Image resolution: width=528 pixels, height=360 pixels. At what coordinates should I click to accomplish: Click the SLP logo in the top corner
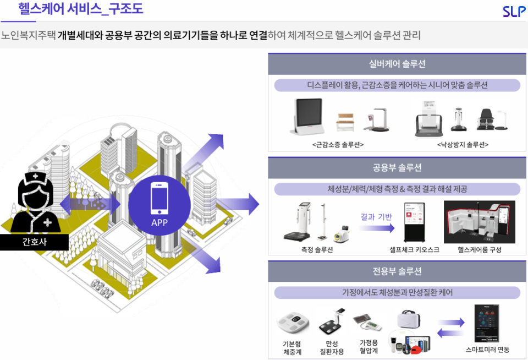[514, 11]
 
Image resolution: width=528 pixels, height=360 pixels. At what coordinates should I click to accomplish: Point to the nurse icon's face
[34, 195]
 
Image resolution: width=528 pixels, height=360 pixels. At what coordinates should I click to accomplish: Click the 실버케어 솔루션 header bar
[397, 64]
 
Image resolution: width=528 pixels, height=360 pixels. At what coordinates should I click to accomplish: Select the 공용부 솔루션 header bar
[397, 168]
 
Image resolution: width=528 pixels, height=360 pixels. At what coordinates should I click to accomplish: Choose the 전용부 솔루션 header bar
[397, 271]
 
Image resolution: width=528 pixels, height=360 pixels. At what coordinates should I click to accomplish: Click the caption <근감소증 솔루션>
[338, 145]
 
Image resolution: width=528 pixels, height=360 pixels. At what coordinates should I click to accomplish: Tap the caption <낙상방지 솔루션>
[463, 145]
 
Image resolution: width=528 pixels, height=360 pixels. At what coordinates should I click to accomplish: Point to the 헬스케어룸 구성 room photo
[480, 222]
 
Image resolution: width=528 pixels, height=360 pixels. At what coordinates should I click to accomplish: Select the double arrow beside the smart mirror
[451, 328]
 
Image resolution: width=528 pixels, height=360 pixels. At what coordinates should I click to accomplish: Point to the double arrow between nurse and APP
[91, 204]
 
